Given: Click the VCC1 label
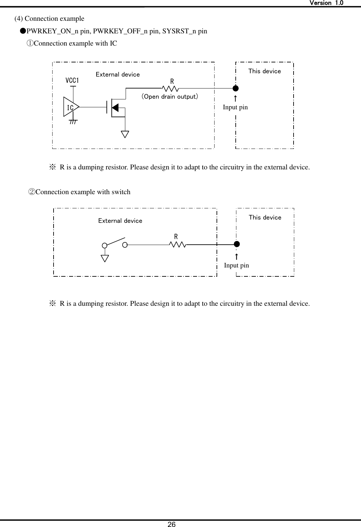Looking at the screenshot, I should click(x=72, y=81).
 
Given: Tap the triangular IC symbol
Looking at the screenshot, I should click(x=71, y=107).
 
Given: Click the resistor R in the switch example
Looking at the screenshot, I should click(x=178, y=244).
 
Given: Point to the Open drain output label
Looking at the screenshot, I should click(x=170, y=97).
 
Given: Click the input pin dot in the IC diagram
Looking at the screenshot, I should click(x=235, y=88).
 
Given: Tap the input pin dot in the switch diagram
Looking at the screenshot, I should click(x=236, y=244).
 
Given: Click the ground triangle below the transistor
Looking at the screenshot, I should click(x=125, y=134).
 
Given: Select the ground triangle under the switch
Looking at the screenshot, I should click(x=105, y=258).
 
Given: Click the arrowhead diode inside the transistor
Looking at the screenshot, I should click(x=115, y=107).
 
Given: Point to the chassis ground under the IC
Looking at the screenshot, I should click(x=73, y=122).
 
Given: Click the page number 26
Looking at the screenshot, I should click(x=172, y=524).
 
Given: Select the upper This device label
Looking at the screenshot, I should click(x=264, y=71).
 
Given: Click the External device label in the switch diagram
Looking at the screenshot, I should click(x=120, y=221).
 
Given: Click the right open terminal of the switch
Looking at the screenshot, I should click(x=125, y=245).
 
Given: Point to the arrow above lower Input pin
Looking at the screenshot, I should click(x=236, y=257).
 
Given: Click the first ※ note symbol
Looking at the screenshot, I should click(x=53, y=167).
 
